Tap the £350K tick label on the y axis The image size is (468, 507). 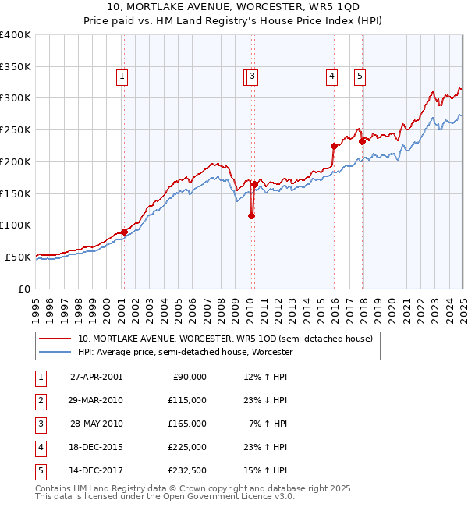pos(16,66)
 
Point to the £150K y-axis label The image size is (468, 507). pos(16,193)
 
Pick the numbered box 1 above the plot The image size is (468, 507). pos(123,76)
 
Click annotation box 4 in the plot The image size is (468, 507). pos(331,76)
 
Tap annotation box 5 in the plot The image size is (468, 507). pos(360,76)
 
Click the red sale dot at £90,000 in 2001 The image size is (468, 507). pos(124,232)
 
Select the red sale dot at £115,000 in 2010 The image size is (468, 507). pos(251,216)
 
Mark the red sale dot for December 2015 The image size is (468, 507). pos(334,146)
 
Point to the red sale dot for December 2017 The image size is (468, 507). pos(362,141)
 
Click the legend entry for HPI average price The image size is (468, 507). pos(185,352)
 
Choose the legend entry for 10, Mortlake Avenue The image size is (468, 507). pos(225,339)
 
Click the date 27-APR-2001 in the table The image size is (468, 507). pos(96,377)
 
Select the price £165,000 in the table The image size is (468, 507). pos(187,424)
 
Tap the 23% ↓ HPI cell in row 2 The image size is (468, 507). pos(265,400)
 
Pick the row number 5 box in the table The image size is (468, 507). pos(40,470)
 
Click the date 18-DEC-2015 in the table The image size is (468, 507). pos(96,447)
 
